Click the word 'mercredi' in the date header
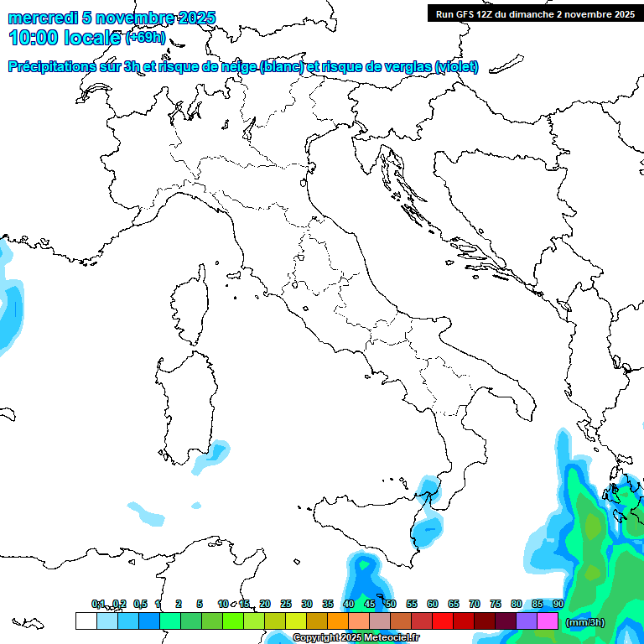[x=43, y=18]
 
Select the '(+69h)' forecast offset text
[x=145, y=38]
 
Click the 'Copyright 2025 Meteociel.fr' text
[x=357, y=637]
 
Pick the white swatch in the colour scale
[x=86, y=621]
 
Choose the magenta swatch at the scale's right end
[x=548, y=621]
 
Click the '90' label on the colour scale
[x=558, y=604]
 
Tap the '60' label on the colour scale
[x=433, y=604]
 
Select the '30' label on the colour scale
[x=307, y=604]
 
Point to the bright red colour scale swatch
[x=443, y=621]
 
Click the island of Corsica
[x=189, y=306]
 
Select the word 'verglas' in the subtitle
[x=407, y=66]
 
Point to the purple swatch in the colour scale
[x=527, y=621]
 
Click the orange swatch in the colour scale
[x=338, y=621]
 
